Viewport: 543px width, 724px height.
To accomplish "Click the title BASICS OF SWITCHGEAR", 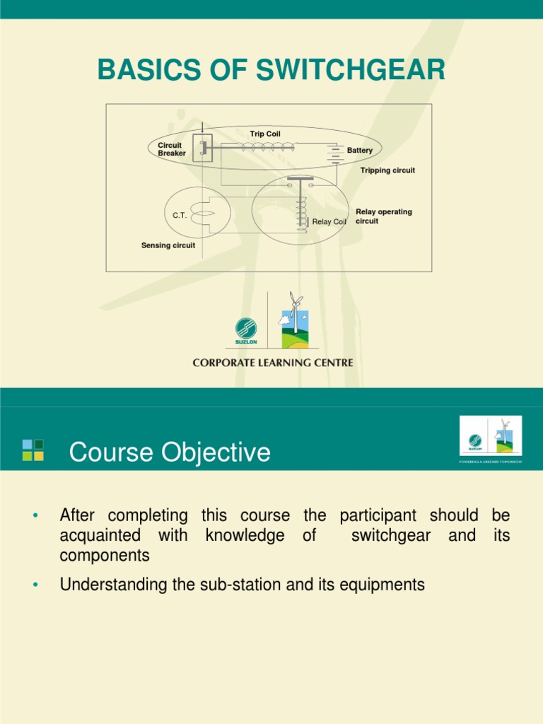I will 271,70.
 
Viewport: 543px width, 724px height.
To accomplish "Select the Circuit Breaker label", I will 171,149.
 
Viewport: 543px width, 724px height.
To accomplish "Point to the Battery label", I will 359,151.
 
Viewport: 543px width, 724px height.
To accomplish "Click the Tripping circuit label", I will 387,170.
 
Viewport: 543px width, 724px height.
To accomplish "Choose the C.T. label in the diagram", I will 180,215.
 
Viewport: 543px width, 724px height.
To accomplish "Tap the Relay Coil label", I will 329,222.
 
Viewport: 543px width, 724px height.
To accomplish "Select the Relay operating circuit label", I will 383,216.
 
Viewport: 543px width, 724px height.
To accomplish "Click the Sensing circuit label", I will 168,245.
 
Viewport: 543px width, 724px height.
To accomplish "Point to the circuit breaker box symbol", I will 203,148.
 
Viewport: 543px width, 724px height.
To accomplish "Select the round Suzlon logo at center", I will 246,329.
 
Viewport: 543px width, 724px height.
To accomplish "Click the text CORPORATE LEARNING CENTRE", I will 273,363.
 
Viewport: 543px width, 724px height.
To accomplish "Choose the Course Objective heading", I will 170,452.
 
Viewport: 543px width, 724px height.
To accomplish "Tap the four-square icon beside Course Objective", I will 33,450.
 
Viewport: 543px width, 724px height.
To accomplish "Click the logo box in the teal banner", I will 491,436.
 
